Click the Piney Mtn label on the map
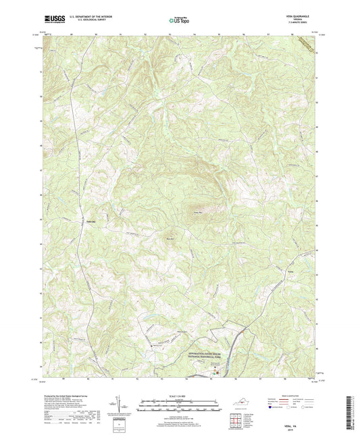pos(199,213)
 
